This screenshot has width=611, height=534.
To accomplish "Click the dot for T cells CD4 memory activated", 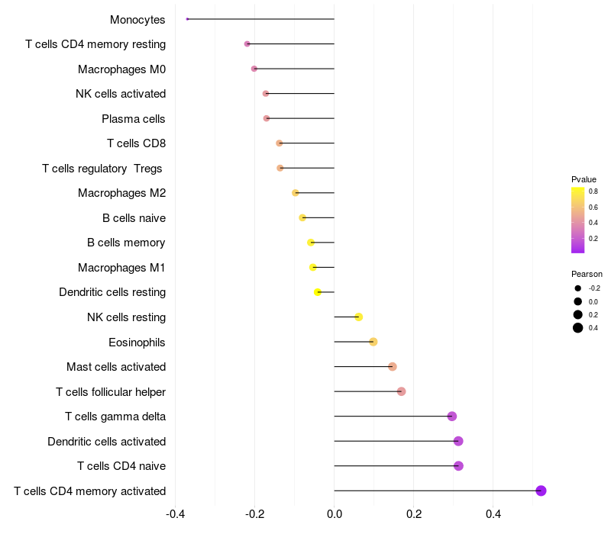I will click(x=541, y=491).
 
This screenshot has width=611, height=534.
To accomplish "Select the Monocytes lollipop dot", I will click(x=187, y=19).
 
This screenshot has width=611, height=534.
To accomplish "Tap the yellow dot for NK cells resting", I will click(x=358, y=317).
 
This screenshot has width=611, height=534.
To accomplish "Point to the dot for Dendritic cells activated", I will click(x=458, y=441).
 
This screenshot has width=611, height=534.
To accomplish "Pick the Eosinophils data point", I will click(x=373, y=342).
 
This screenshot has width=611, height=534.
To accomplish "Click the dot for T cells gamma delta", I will click(x=452, y=417).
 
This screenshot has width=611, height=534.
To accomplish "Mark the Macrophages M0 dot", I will click(x=254, y=69).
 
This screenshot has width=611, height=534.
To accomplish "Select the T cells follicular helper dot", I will click(x=401, y=391).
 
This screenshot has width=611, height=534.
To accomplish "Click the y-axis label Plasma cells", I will click(x=134, y=119).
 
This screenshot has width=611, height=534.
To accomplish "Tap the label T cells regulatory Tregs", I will click(x=102, y=169).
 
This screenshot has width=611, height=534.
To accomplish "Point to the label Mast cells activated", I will click(x=116, y=367).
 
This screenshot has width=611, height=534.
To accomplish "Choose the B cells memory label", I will click(x=126, y=243).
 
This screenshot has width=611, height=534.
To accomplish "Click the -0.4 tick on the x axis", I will click(x=175, y=513).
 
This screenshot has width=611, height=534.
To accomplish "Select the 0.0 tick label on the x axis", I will click(x=335, y=513).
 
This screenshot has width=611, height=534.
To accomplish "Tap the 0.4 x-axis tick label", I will click(x=493, y=513).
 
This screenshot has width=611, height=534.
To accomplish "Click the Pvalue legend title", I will click(x=584, y=179).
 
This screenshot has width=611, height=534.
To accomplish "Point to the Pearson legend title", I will click(x=587, y=274).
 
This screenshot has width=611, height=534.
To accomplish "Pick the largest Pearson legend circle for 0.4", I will click(x=578, y=328).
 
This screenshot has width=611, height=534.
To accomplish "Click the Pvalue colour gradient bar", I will click(x=578, y=220).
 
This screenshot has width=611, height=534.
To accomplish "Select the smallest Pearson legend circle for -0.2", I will click(x=578, y=288).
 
